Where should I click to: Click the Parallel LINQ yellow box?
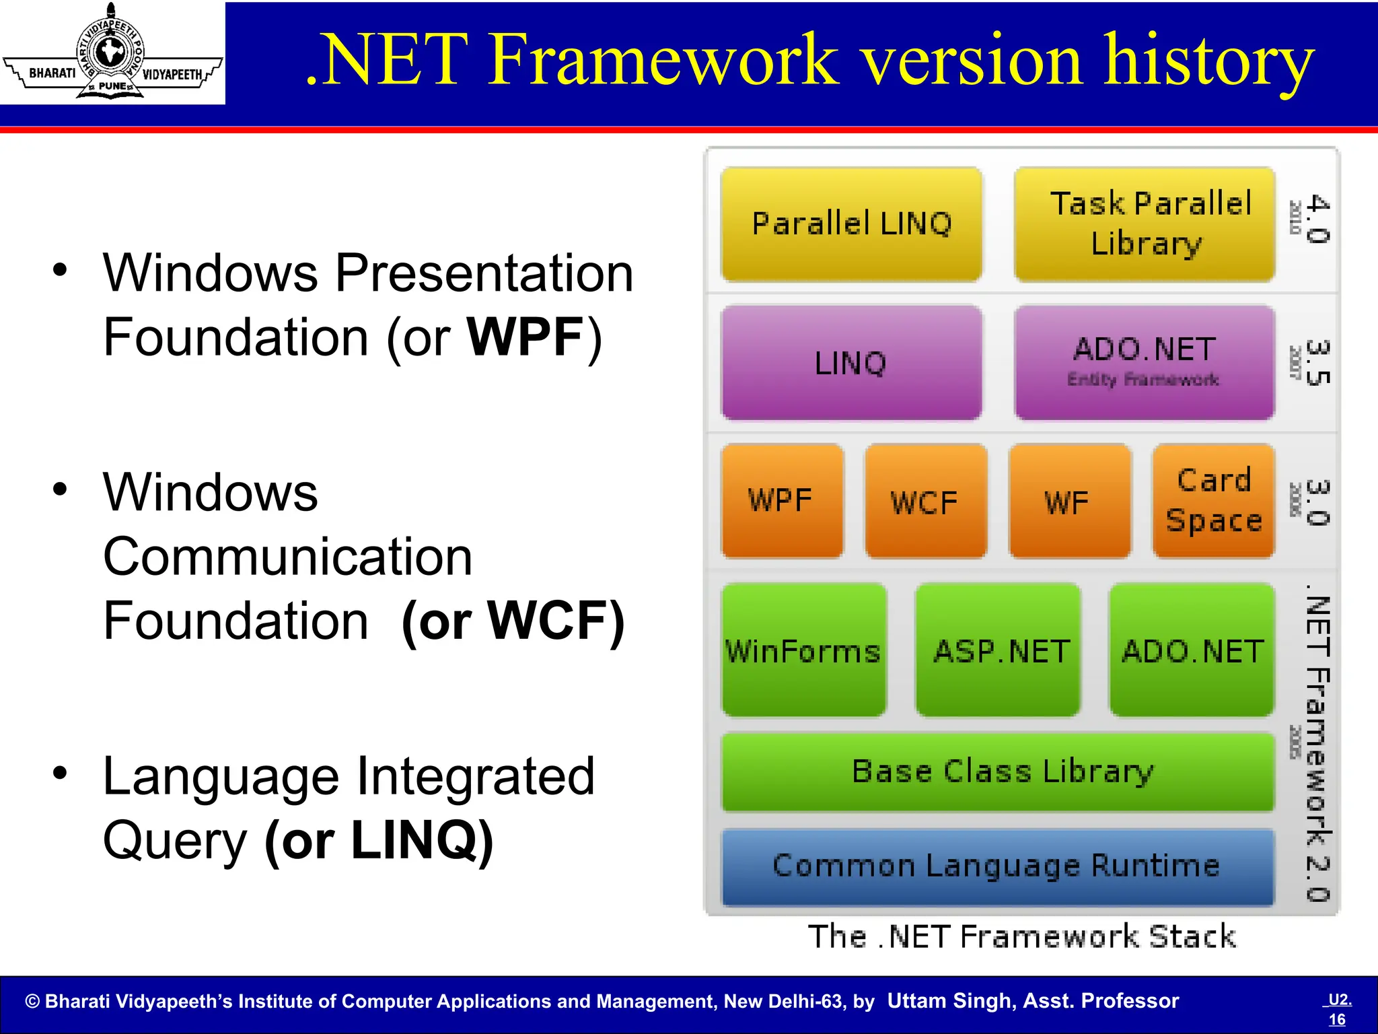pos(851,224)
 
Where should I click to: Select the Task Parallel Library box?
pos(1145,224)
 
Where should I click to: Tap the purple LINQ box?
pos(851,363)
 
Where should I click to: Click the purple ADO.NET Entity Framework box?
pos(1145,363)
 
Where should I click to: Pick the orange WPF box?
pos(781,501)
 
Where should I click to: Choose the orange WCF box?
pos(925,501)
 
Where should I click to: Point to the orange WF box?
pos(1069,501)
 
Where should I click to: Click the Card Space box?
pos(1213,501)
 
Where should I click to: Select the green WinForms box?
pos(803,650)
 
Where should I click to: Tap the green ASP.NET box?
pos(998,650)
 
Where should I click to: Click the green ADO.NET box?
pos(1192,650)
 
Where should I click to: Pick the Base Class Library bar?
pos(998,772)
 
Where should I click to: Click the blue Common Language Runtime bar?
pos(998,866)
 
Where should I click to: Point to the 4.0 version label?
pos(1317,219)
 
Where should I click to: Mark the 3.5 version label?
pos(1317,363)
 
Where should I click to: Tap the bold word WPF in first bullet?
pos(525,337)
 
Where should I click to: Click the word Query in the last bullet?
pos(175,841)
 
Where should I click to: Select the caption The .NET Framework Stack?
pos(1021,937)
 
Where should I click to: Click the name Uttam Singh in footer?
pos(949,1001)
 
